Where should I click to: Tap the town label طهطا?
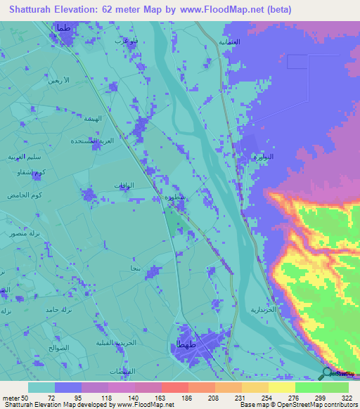point(179,344)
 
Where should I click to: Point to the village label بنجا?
point(135,268)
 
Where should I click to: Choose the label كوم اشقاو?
point(33,173)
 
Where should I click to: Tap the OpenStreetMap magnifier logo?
point(327,373)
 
